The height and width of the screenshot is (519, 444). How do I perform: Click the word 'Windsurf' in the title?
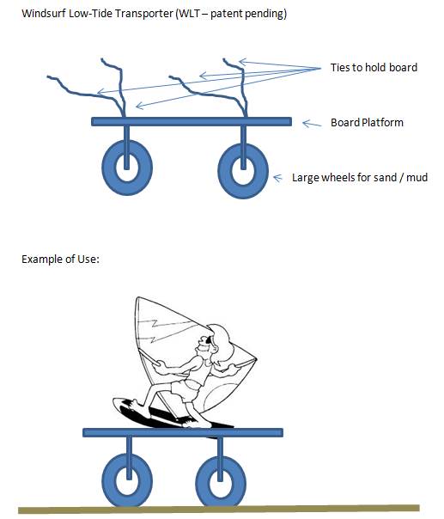pyautogui.click(x=43, y=14)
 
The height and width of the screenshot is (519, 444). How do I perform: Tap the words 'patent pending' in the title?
pyautogui.click(x=247, y=14)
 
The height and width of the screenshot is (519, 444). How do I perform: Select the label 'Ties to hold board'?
pyautogui.click(x=374, y=68)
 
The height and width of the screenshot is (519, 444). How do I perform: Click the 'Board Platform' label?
pyautogui.click(x=367, y=123)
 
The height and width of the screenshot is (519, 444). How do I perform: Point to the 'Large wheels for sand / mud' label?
pyautogui.click(x=360, y=177)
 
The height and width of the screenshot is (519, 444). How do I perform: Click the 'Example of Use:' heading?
pyautogui.click(x=60, y=259)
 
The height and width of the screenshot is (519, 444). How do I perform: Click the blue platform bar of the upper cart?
pyautogui.click(x=192, y=121)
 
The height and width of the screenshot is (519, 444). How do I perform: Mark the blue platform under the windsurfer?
pyautogui.click(x=183, y=432)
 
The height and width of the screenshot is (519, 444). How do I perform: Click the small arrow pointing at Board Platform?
pyautogui.click(x=312, y=124)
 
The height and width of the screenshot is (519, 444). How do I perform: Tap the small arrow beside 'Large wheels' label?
pyautogui.click(x=277, y=178)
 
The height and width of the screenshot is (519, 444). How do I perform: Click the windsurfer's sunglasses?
pyautogui.click(x=208, y=339)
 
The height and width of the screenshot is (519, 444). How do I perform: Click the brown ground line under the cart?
pyautogui.click(x=219, y=509)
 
